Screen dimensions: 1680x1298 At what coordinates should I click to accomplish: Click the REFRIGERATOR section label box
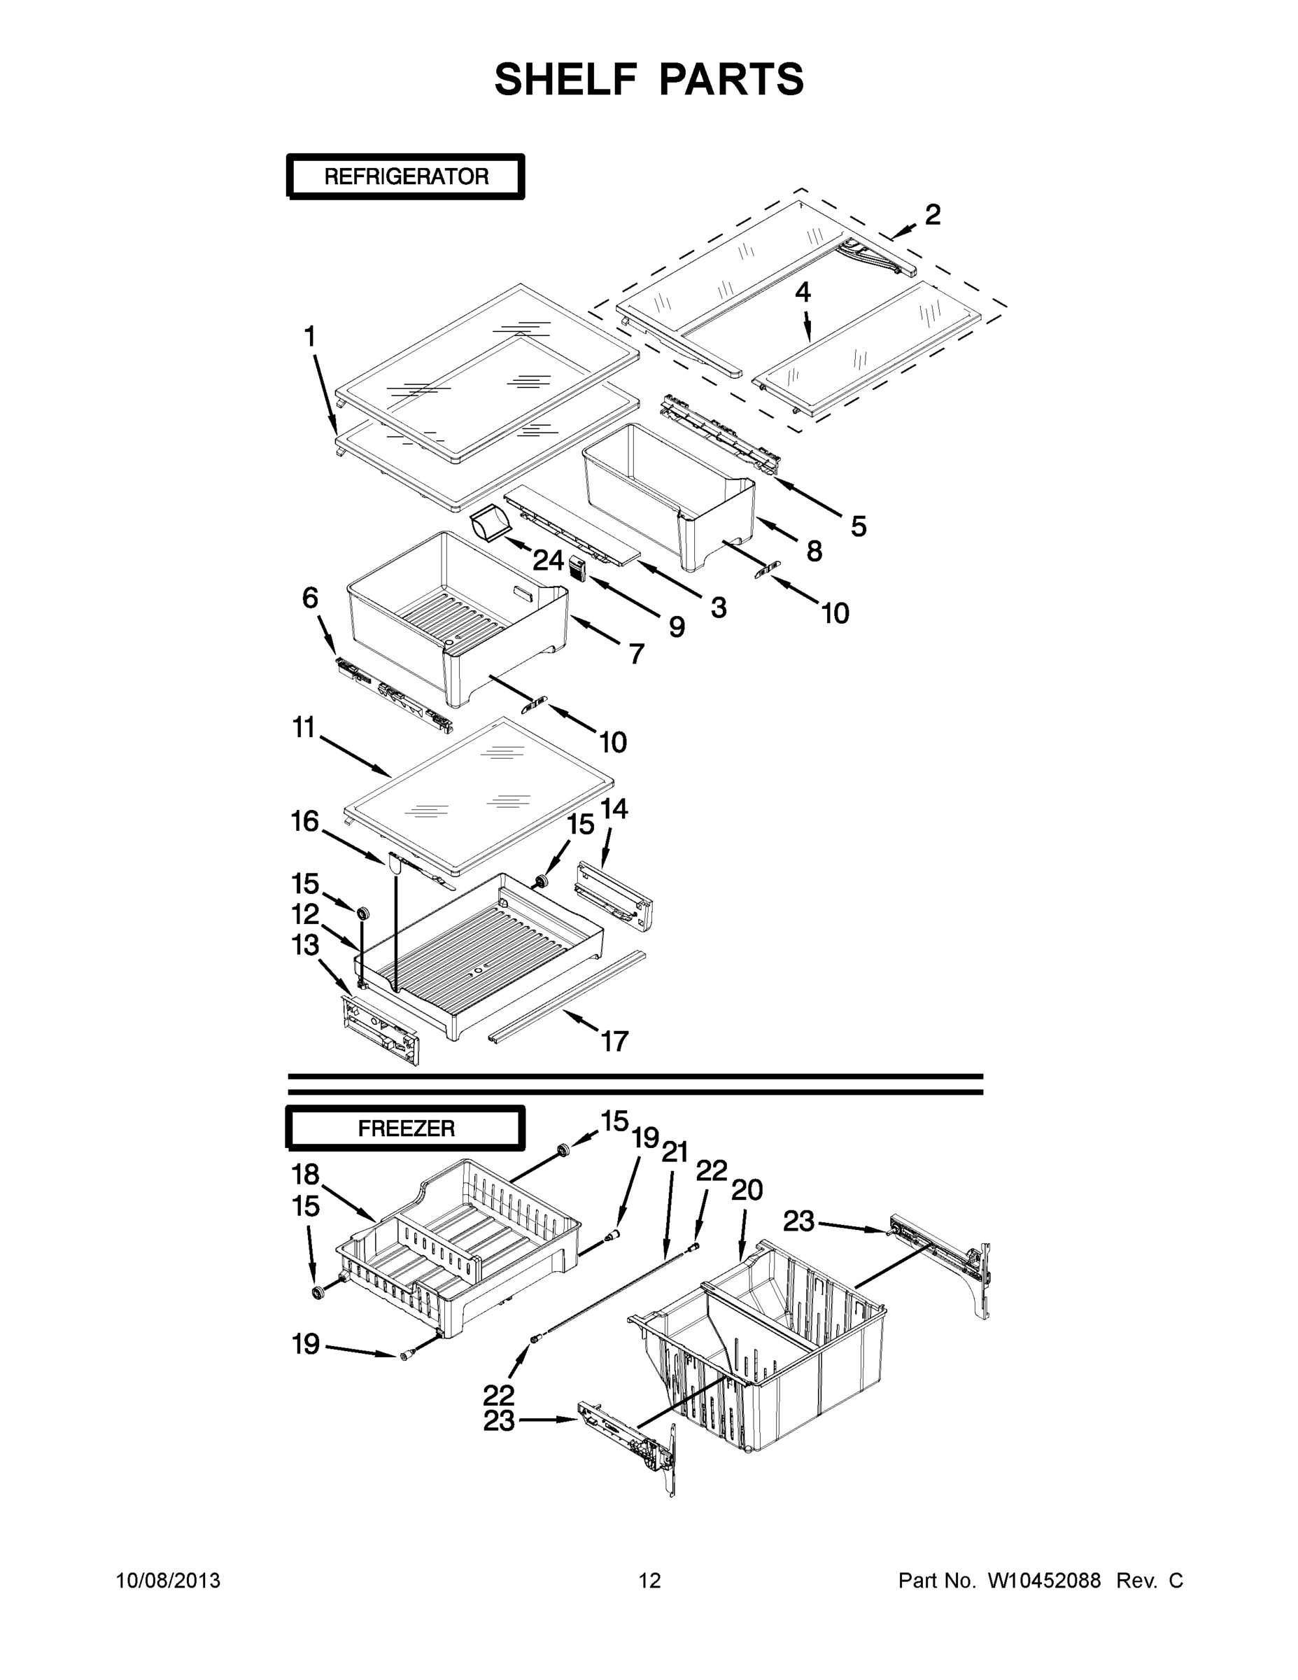405,177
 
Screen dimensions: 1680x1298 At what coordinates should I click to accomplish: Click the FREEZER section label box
405,1128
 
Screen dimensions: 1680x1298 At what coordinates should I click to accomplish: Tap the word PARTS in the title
731,79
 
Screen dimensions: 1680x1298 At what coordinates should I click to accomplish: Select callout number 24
549,561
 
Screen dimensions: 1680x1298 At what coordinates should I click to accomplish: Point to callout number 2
932,215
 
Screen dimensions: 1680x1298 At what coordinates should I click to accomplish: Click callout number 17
614,1042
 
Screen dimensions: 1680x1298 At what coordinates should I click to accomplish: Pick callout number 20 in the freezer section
746,1190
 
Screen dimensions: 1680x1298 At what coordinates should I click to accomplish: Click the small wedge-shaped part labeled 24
490,526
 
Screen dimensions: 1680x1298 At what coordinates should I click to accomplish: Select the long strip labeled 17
567,995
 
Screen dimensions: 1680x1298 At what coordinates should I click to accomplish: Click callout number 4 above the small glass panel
802,293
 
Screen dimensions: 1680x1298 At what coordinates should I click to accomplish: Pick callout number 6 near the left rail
310,598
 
